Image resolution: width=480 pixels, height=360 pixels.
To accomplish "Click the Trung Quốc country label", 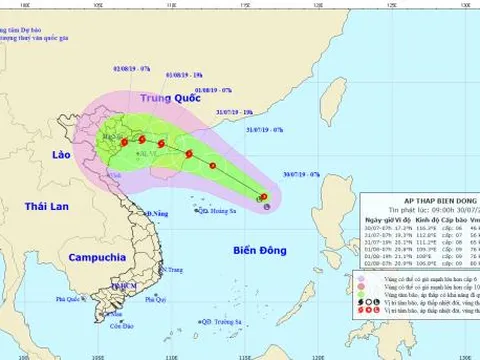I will pos(164,99).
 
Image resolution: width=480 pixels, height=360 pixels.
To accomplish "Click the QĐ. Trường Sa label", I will pos(221,322).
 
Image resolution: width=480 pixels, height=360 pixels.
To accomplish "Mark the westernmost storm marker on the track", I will pos(124,143).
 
